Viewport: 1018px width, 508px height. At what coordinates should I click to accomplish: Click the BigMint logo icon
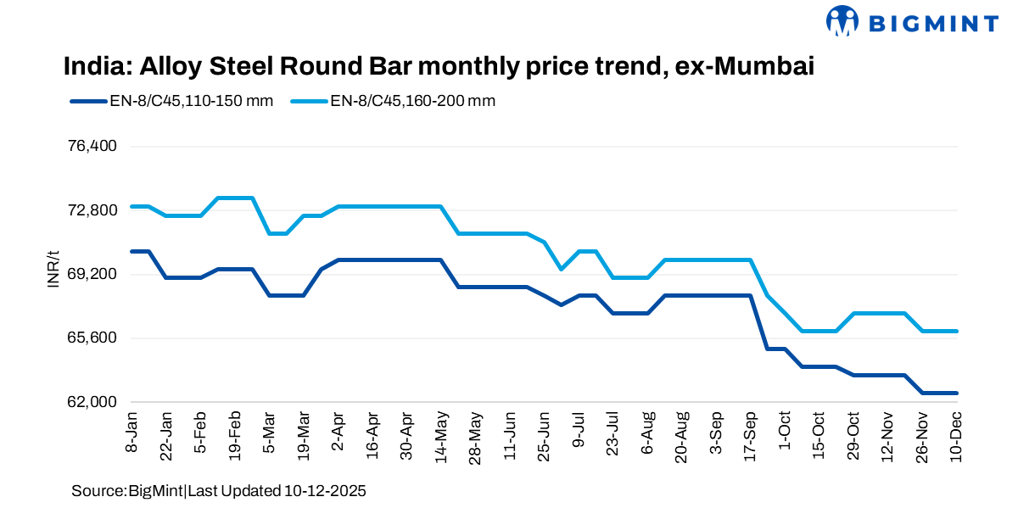(x=842, y=21)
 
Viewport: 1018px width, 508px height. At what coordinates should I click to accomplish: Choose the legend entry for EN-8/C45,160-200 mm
(x=394, y=101)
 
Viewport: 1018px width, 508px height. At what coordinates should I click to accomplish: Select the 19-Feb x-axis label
(x=235, y=436)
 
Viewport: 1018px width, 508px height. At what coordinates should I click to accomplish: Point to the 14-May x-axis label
(x=440, y=436)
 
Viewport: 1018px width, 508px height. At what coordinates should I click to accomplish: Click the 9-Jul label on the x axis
(x=579, y=433)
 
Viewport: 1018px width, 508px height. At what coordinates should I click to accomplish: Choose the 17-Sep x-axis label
(x=750, y=436)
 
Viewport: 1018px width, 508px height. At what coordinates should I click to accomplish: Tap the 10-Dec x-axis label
(x=956, y=436)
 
